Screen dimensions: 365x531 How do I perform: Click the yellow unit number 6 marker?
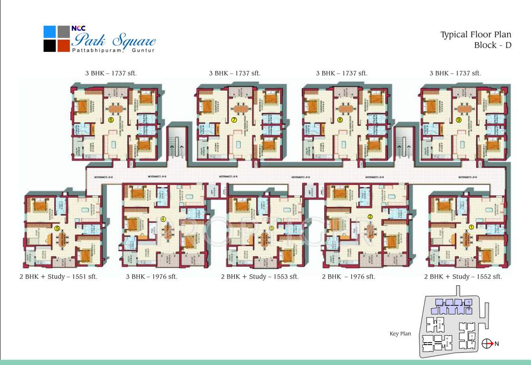(111, 120)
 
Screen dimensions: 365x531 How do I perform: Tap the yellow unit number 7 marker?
(234, 120)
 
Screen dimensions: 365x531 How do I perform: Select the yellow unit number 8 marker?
(340, 120)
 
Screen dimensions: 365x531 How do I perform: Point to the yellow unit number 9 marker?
(458, 120)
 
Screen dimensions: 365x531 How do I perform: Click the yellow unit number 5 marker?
(58, 228)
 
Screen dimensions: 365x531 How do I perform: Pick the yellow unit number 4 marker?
(164, 219)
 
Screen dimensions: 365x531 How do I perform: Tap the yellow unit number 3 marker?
(271, 228)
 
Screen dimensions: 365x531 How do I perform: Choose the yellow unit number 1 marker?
(471, 227)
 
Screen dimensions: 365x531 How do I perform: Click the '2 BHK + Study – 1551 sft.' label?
(58, 277)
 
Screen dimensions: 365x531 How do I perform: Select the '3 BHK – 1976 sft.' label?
(151, 277)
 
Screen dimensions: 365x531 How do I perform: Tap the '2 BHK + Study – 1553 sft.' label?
(260, 277)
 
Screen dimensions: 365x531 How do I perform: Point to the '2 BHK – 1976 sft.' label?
(348, 277)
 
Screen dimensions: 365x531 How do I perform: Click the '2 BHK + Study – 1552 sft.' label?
(463, 277)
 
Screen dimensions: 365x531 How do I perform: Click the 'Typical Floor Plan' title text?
(475, 35)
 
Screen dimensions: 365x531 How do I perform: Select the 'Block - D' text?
(492, 46)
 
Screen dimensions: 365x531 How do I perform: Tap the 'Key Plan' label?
(400, 334)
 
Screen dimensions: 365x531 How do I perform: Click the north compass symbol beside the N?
(486, 344)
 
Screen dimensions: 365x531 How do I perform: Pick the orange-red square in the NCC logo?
(64, 46)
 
